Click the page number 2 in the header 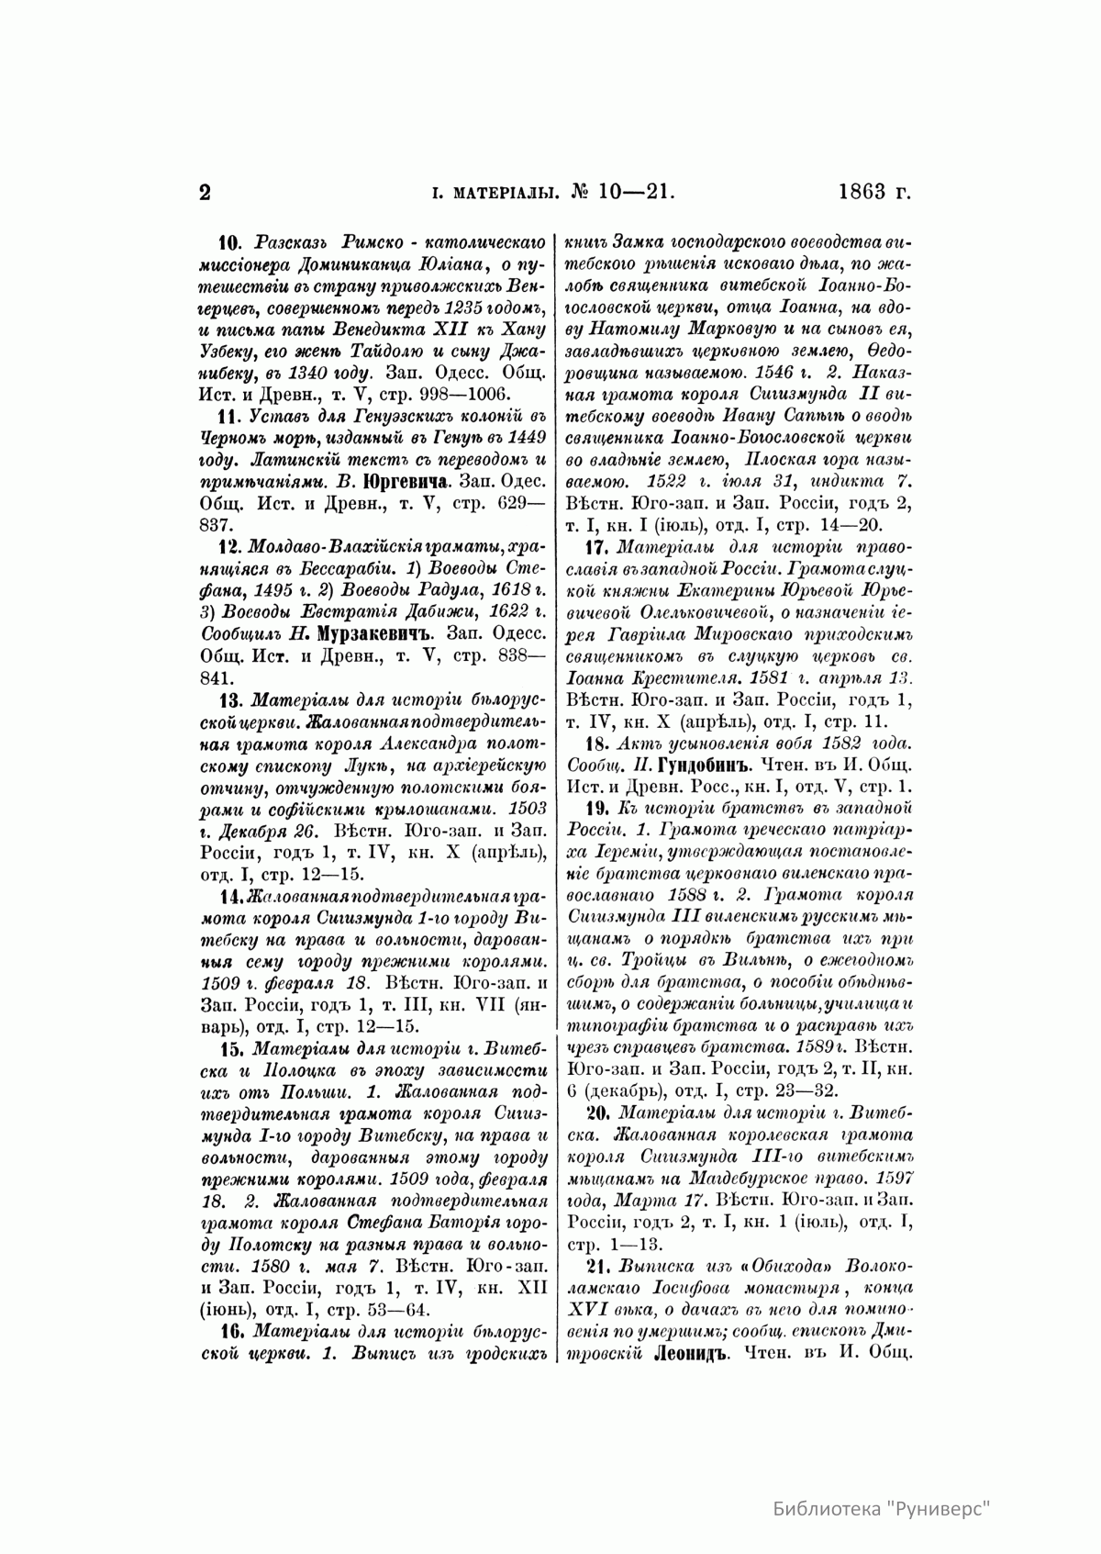206,192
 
